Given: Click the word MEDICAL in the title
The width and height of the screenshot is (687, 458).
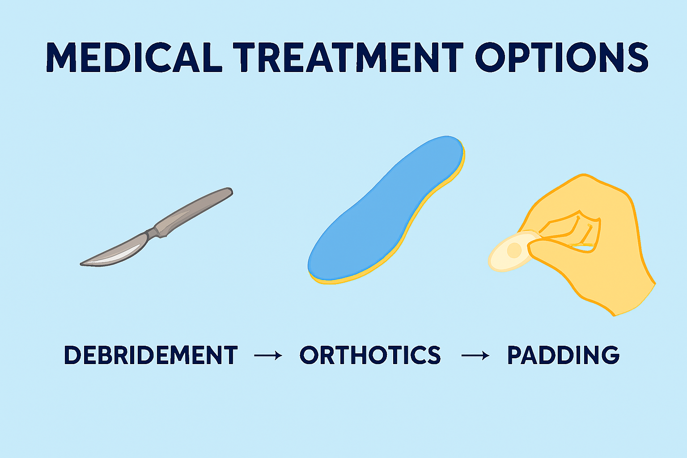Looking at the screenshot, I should [134, 57].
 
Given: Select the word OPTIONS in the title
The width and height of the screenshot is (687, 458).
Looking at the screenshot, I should [561, 57].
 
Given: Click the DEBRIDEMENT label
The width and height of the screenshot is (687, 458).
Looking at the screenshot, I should [151, 356].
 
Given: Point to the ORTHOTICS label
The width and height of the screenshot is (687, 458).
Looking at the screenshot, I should [370, 356].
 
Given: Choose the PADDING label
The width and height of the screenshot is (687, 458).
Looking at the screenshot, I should [563, 356].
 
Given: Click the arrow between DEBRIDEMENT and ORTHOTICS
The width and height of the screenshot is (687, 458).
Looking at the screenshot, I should [268, 356].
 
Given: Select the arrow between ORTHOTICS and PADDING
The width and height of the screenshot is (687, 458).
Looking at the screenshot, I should [475, 356].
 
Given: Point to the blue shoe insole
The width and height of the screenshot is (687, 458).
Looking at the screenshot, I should [385, 210].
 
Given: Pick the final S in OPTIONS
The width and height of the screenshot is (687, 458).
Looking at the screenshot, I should [636, 57].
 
